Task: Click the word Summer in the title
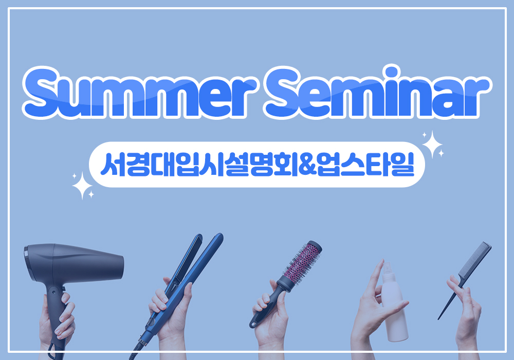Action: coord(138,93)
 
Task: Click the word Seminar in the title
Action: coord(376,92)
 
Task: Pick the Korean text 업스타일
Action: coord(366,165)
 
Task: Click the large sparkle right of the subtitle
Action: coord(433,145)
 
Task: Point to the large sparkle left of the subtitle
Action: coord(82,185)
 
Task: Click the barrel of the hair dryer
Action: coord(74,262)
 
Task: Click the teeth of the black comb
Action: coord(474,262)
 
